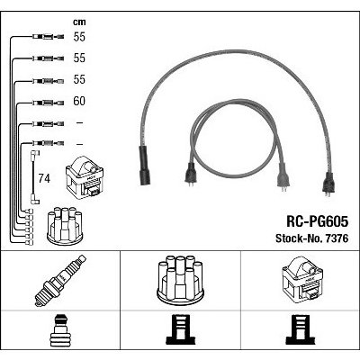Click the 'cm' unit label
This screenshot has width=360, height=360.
[79, 22]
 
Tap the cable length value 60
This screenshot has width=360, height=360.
[79, 101]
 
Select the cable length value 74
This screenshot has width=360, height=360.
[44, 178]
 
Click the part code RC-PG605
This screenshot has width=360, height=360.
[318, 222]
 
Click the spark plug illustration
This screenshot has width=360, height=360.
[60, 280]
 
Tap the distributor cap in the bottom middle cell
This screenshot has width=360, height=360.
[180, 278]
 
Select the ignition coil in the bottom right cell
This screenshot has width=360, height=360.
[302, 279]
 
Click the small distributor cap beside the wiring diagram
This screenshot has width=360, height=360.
[65, 225]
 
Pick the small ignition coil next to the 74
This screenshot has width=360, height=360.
[85, 178]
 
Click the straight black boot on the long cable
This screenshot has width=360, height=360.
[144, 166]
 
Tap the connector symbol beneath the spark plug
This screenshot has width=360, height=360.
[60, 329]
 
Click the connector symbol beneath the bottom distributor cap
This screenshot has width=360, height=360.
[180, 329]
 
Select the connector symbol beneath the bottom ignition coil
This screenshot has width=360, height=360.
[300, 329]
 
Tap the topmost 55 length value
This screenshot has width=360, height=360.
[79, 37]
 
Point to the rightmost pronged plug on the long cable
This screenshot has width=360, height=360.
[328, 184]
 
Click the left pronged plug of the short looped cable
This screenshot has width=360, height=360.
[190, 175]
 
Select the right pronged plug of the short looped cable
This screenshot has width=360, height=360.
[283, 177]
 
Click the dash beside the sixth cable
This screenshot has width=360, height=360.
[79, 144]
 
